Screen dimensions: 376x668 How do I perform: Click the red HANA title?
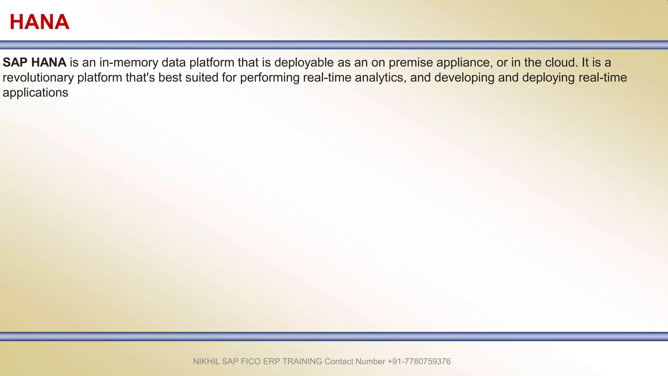click(x=39, y=22)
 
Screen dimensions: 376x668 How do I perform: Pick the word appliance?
click(x=464, y=62)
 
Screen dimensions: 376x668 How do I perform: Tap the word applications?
click(x=35, y=93)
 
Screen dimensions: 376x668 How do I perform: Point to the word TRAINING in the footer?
click(x=302, y=361)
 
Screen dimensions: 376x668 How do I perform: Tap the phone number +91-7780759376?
click(x=419, y=361)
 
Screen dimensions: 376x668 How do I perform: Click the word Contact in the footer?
click(x=339, y=361)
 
